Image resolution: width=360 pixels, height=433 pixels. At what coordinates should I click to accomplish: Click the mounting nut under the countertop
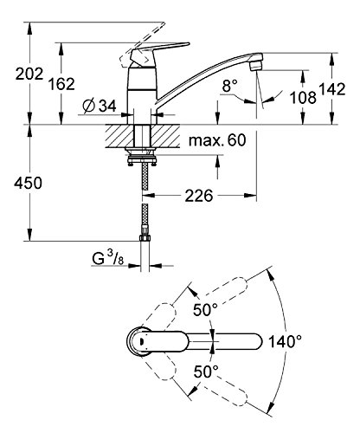click(x=141, y=157)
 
